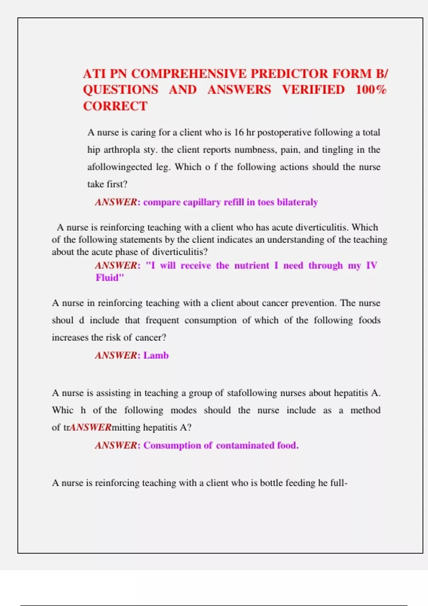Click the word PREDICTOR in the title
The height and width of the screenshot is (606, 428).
[289, 74]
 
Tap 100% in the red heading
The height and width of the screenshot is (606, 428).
[371, 89]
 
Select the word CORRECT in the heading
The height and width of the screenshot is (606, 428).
[115, 106]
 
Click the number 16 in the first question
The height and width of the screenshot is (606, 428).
[239, 133]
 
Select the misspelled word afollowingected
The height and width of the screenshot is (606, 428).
[120, 167]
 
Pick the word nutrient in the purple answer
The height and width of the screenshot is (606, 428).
[251, 266]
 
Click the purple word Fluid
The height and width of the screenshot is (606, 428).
[108, 278]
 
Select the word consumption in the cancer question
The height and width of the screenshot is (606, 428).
[210, 320]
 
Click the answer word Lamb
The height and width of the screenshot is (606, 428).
[156, 355]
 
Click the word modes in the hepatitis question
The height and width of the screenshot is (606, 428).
[183, 410]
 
